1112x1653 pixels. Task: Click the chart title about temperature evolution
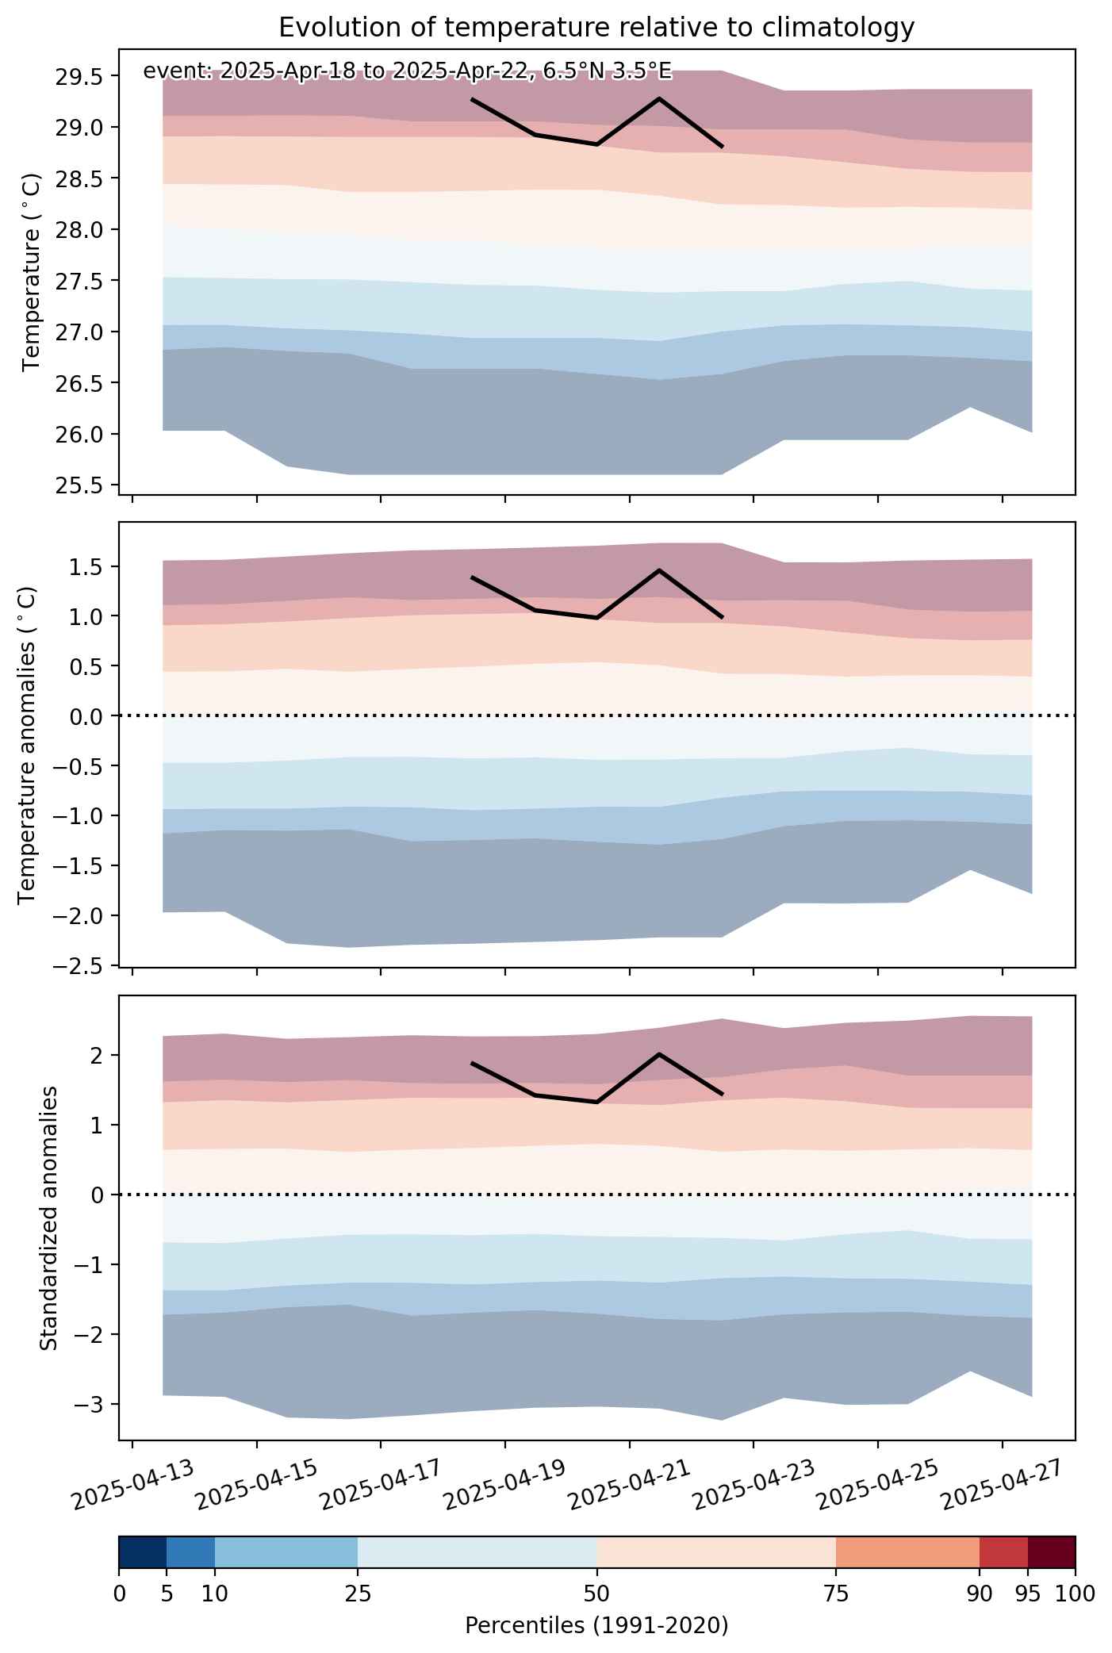(x=596, y=28)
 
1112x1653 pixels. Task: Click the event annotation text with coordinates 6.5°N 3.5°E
(x=407, y=71)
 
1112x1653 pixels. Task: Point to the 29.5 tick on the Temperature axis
(x=79, y=76)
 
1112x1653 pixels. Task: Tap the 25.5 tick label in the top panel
(x=79, y=485)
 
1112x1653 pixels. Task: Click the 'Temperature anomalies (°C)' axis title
(x=28, y=744)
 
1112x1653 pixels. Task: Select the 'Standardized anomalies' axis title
(x=49, y=1218)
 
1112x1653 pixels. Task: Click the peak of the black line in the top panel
(x=659, y=98)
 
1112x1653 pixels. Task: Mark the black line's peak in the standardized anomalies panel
(x=659, y=1054)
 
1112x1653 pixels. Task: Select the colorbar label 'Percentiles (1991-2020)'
(x=596, y=1626)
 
